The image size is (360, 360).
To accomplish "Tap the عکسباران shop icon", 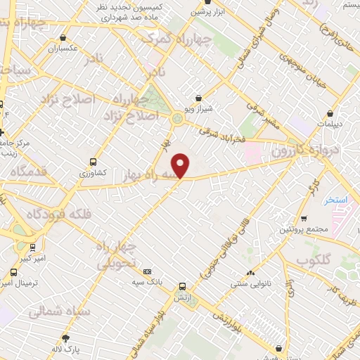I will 64,38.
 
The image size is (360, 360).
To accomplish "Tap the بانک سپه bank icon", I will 147,271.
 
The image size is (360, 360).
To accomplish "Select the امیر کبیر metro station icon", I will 33,247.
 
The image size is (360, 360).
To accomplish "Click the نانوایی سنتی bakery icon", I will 250,274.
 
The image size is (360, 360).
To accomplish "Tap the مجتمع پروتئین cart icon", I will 304,218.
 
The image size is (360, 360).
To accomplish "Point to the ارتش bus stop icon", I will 183,286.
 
